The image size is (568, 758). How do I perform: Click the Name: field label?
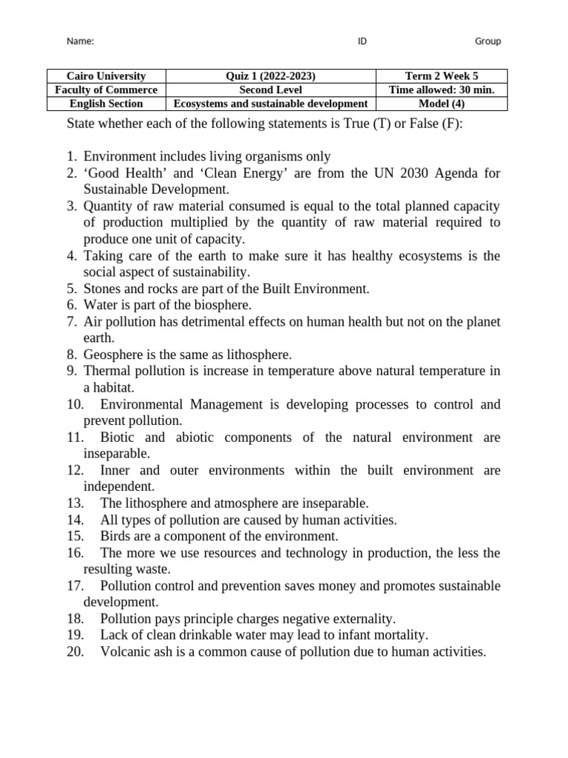[81, 41]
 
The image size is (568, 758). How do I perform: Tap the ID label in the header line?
[362, 41]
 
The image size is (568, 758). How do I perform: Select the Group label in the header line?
[487, 41]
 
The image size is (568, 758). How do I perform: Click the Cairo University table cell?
[106, 76]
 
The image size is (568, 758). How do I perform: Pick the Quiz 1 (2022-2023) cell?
[271, 76]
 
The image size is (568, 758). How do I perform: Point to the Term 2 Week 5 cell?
[442, 76]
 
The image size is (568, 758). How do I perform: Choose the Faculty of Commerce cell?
[106, 90]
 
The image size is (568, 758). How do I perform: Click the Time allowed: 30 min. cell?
[442, 90]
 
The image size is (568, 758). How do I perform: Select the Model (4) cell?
[442, 104]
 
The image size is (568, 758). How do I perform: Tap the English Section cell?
[106, 104]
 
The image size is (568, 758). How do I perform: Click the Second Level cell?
[271, 90]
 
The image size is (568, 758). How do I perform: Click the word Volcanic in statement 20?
[125, 652]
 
